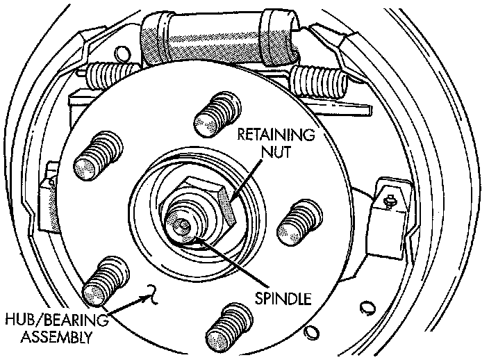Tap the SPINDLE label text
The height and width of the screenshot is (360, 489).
coord(282,300)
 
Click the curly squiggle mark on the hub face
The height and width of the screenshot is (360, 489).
coord(147,296)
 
